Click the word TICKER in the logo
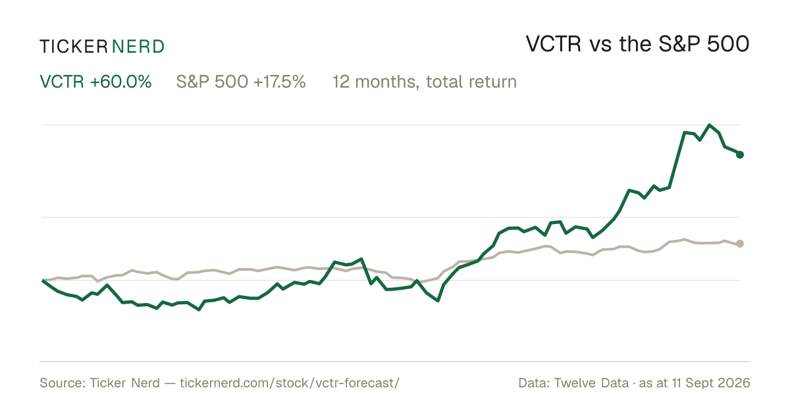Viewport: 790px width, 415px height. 74,47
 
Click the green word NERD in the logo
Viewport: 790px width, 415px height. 138,47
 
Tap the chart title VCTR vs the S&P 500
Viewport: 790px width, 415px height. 638,44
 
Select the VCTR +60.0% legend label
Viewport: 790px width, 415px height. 95,82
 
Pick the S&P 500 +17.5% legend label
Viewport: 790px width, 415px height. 241,82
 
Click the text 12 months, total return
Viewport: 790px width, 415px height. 425,82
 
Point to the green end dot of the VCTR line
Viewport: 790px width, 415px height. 740,155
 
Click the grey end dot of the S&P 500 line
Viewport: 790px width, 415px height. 740,244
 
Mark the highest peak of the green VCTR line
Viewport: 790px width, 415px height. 709,125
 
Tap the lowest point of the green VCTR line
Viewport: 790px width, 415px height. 199,310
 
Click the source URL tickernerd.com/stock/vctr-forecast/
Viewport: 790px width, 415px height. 290,383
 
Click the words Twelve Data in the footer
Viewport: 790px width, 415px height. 591,383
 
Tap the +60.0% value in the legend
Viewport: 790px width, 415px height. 120,82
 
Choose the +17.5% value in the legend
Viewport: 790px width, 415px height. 279,82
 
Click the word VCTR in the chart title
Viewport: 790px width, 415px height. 554,44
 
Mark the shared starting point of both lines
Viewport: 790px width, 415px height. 43,280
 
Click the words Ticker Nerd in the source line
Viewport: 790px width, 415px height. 124,383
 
